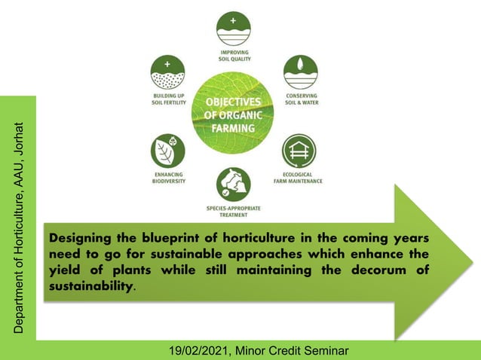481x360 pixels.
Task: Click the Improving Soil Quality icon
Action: tap(233, 28)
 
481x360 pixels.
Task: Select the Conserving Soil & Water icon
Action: tap(300, 72)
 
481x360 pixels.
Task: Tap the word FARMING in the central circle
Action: tap(233, 128)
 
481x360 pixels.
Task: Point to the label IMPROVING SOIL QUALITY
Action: tap(233, 54)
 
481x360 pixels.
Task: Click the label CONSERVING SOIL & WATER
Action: tap(300, 99)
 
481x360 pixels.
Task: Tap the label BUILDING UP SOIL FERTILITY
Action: tap(167, 99)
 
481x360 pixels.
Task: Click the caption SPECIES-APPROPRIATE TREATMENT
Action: tap(233, 211)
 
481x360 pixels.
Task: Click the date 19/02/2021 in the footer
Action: tap(199, 350)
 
